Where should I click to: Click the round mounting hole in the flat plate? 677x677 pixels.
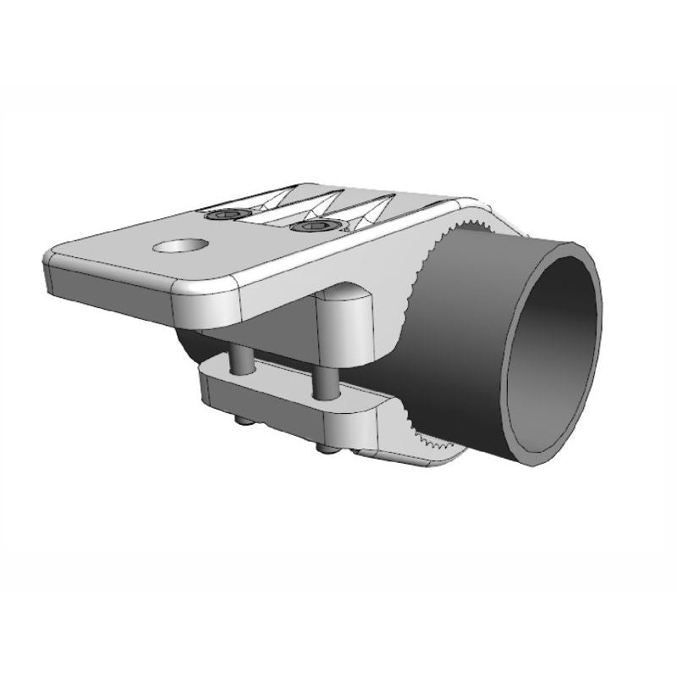coord(180,247)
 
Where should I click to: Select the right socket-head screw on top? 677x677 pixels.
coord(311,226)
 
